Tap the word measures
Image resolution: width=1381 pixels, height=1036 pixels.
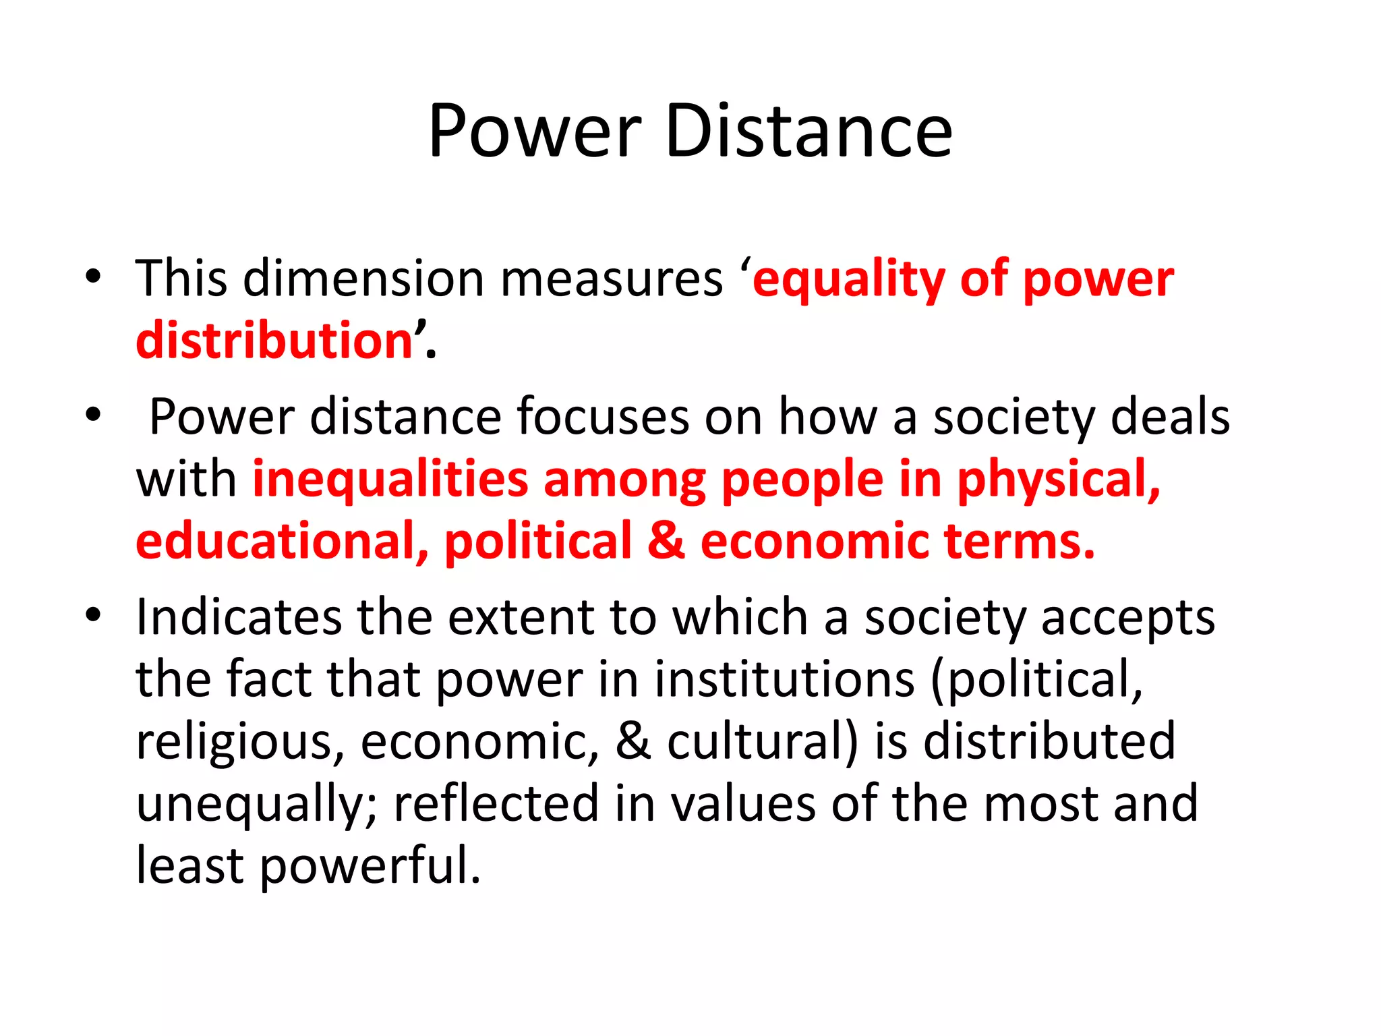[612, 279]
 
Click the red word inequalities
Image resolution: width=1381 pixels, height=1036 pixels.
[390, 479]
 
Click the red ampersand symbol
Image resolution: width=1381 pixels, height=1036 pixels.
[666, 541]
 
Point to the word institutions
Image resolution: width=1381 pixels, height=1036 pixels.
[784, 679]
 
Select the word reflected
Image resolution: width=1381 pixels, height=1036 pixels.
[496, 803]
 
